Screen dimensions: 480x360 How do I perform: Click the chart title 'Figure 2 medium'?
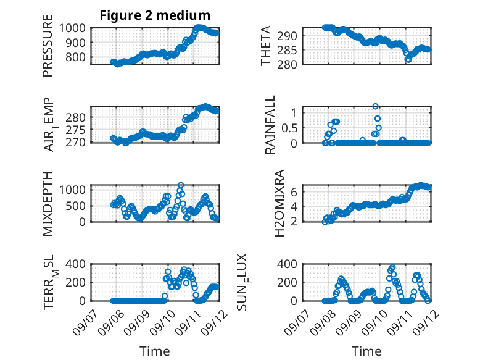click(x=155, y=15)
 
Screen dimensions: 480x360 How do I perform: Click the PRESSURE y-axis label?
click(x=48, y=46)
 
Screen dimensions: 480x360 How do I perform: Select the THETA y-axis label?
click(x=266, y=46)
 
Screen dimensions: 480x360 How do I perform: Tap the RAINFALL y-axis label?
click(x=270, y=125)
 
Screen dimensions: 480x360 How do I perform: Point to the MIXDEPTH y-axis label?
click(x=48, y=204)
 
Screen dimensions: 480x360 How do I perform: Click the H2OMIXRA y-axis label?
click(x=279, y=203)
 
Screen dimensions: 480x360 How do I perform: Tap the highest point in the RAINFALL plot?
click(x=375, y=106)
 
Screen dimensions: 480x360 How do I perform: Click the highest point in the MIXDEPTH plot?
click(x=181, y=185)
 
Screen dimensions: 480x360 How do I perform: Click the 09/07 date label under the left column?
click(x=86, y=322)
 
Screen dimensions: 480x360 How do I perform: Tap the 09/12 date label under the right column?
click(x=426, y=322)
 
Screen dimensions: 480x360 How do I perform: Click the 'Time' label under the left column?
click(x=155, y=351)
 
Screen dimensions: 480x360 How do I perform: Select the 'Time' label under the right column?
click(x=366, y=351)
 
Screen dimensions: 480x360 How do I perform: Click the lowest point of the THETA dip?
click(x=408, y=59)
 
